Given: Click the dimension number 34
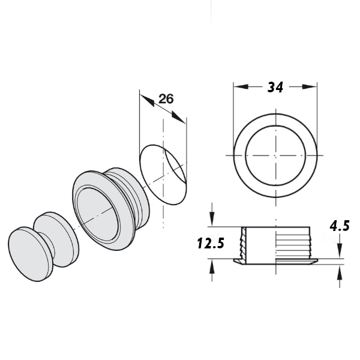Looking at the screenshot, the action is pyautogui.click(x=275, y=87).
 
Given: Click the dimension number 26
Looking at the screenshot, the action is pyautogui.click(x=166, y=99).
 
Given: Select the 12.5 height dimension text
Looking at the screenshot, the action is pyautogui.click(x=211, y=244).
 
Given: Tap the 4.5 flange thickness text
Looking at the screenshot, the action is pyautogui.click(x=340, y=226).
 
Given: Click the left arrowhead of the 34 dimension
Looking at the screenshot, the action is pyautogui.click(x=241, y=87).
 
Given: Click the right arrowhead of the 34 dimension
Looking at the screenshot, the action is pyautogui.click(x=310, y=87).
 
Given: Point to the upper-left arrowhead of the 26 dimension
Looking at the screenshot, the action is pyautogui.click(x=147, y=100).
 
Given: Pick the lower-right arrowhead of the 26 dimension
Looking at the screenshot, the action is pyautogui.click(x=178, y=118).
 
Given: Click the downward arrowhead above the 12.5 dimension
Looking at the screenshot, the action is pyautogui.click(x=212, y=219).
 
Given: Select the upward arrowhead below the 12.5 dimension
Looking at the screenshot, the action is pyautogui.click(x=212, y=266).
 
